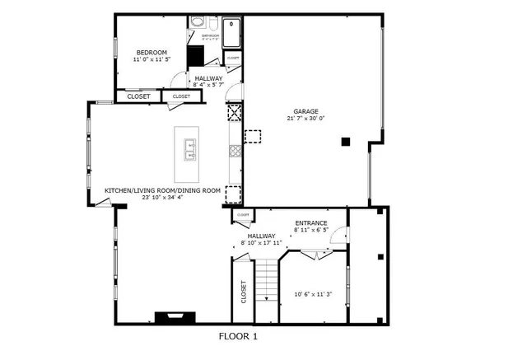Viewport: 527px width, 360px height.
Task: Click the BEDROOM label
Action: [x=152, y=52]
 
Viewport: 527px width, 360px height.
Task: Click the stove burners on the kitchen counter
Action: [x=235, y=151]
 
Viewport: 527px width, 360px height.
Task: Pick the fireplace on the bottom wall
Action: [x=174, y=316]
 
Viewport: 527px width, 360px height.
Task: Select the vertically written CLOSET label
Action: [x=244, y=292]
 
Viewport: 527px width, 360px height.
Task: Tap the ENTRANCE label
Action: [x=311, y=223]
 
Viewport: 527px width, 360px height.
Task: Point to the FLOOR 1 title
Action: [x=238, y=336]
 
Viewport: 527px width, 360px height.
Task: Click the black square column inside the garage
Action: [x=347, y=142]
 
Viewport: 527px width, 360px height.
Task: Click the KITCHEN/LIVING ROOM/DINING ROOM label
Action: [x=162, y=190]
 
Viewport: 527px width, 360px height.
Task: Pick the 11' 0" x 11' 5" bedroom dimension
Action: [x=152, y=59]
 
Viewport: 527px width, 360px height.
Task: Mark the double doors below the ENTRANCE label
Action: [x=312, y=255]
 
